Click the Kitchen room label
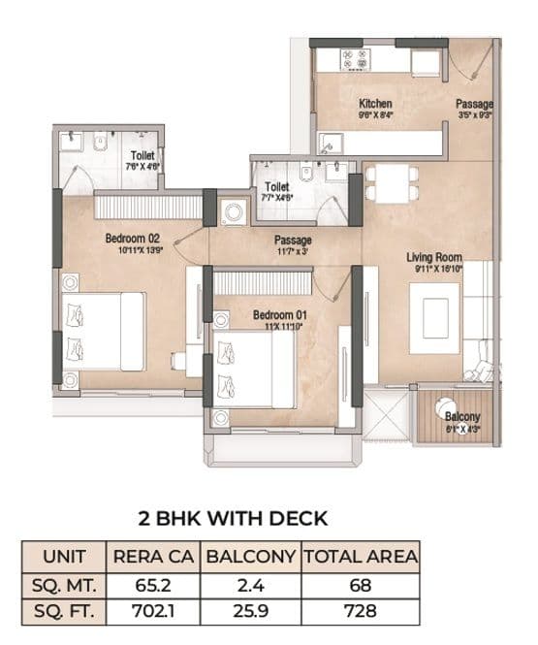[x=375, y=103]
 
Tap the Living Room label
[x=433, y=257]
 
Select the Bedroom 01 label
[x=280, y=315]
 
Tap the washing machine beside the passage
[x=234, y=213]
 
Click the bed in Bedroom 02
[x=102, y=331]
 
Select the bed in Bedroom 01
[x=254, y=369]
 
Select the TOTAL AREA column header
[x=360, y=558]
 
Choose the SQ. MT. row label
[x=65, y=586]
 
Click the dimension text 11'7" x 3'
[x=292, y=251]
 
